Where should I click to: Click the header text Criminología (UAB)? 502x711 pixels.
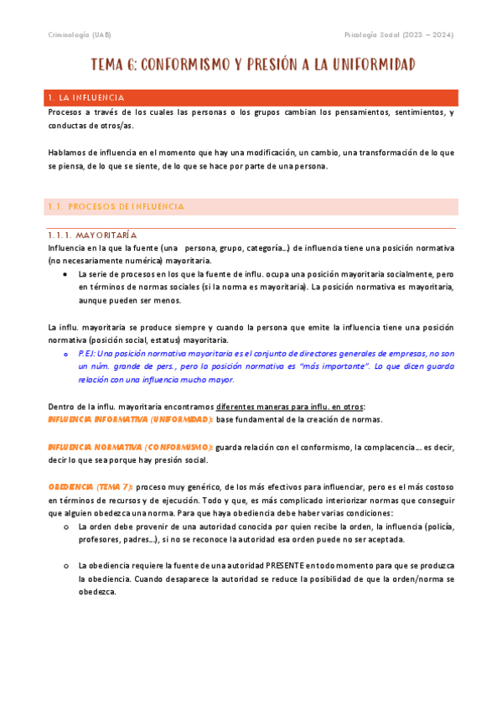77,34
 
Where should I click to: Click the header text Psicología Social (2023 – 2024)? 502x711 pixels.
400,34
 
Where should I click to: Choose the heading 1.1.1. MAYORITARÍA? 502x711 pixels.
92,236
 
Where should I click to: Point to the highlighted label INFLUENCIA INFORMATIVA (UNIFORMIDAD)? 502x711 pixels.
130,419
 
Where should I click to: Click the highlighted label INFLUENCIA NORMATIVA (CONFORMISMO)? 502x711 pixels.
130,448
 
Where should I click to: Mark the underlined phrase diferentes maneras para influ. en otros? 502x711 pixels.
295,407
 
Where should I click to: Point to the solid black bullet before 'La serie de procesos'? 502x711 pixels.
65,274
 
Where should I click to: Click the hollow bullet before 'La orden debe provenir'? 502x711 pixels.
65,527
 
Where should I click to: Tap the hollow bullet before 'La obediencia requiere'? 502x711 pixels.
65,566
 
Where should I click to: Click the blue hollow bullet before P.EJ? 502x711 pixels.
65,354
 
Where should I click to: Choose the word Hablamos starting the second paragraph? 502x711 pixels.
66,153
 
